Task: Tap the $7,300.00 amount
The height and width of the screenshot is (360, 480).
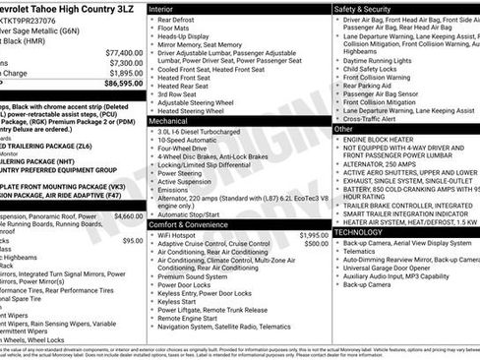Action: click(x=126, y=63)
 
